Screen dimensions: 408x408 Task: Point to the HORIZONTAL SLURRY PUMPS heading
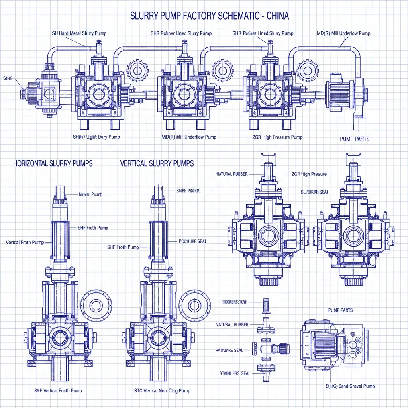point(53,163)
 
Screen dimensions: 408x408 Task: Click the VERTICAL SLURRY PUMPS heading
point(157,163)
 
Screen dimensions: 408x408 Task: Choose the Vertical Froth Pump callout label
point(25,242)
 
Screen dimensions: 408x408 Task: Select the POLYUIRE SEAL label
point(192,241)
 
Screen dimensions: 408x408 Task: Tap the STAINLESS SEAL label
point(235,373)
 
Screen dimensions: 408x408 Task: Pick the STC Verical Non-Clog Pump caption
point(163,390)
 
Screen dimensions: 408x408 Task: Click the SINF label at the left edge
point(8,77)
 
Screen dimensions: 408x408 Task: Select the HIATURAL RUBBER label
point(231,174)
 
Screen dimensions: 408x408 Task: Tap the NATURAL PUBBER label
point(232,324)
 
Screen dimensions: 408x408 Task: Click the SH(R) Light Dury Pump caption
point(96,137)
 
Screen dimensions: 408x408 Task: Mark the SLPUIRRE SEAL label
point(315,192)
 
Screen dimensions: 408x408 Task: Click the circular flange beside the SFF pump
point(96,306)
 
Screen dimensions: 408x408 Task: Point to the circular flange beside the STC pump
point(194,306)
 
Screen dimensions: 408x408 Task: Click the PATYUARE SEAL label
point(229,350)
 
